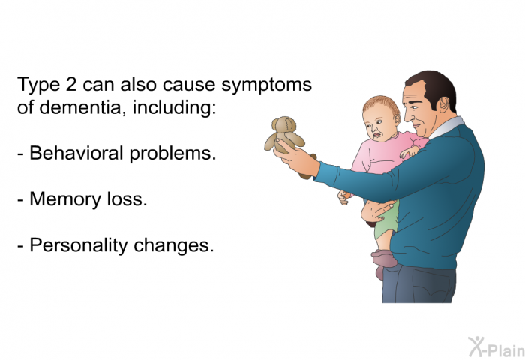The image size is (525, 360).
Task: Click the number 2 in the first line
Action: [71, 84]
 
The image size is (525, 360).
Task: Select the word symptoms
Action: [266, 86]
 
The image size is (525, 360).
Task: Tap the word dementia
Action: [79, 107]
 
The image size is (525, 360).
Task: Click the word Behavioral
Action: [76, 153]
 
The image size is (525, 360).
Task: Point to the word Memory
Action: [66, 200]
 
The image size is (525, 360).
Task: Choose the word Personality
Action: [79, 246]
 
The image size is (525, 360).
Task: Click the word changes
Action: [174, 246]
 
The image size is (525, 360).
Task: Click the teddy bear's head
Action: [284, 125]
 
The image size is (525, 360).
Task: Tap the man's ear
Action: [442, 104]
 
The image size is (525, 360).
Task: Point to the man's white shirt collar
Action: [447, 127]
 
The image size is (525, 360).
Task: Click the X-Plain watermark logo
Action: [496, 346]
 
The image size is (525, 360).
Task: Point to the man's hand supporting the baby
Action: [382, 210]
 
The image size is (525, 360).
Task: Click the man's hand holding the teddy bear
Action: [296, 158]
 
